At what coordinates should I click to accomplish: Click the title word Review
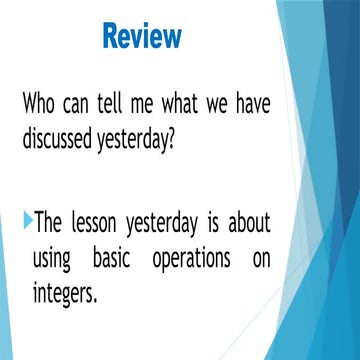142,37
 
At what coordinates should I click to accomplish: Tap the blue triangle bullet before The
27,219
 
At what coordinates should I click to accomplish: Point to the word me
149,103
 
